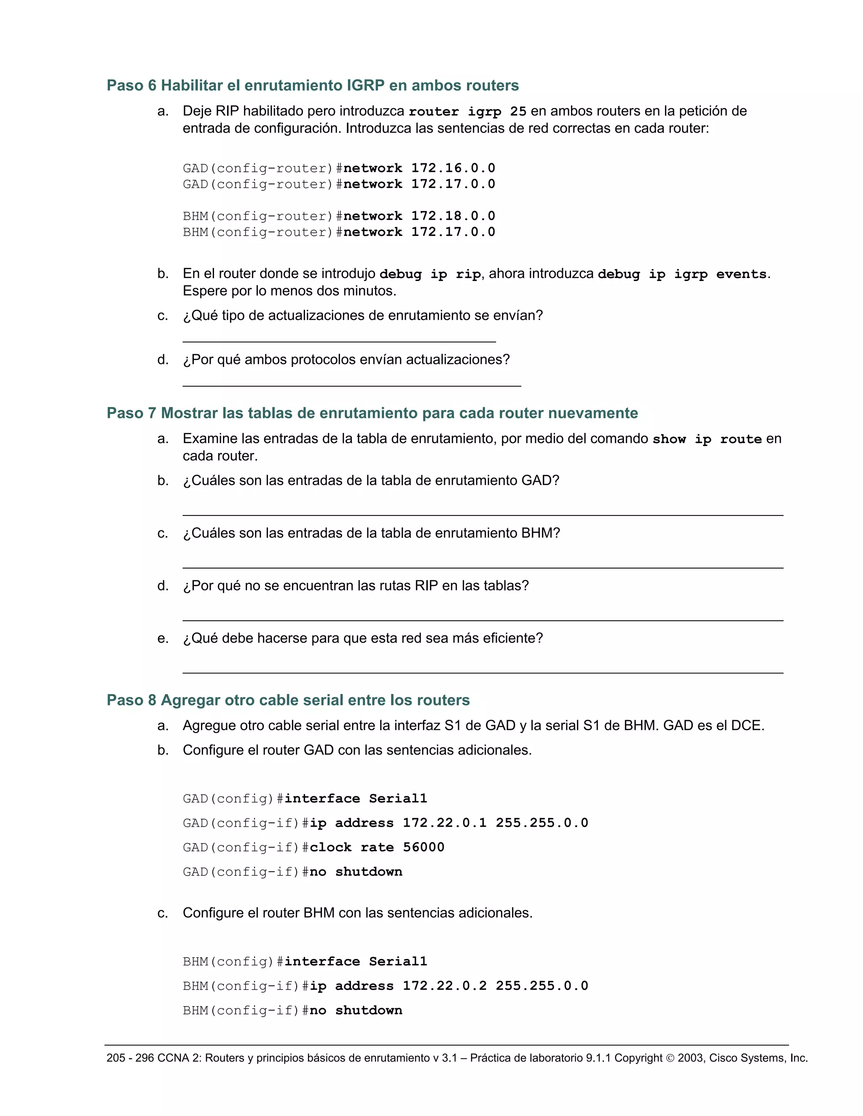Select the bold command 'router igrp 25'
click(x=467, y=112)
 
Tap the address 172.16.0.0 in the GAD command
click(x=453, y=168)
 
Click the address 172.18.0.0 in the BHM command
click(x=453, y=216)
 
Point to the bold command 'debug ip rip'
click(x=430, y=275)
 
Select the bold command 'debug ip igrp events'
click(x=682, y=275)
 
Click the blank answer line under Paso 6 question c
click(x=339, y=340)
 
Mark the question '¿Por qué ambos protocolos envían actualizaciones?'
click(x=346, y=360)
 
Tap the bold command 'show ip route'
click(x=707, y=439)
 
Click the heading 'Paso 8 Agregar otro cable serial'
click(x=288, y=700)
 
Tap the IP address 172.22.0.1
click(x=444, y=823)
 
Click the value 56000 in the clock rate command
click(x=423, y=847)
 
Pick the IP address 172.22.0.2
click(x=444, y=986)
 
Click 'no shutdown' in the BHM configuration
click(x=356, y=1010)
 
